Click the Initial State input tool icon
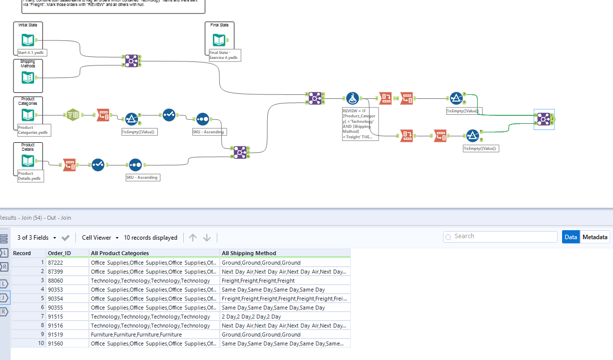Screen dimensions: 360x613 click(27, 40)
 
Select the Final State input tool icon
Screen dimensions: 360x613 click(219, 40)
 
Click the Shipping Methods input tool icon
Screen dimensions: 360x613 click(27, 78)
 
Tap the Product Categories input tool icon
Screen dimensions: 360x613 click(27, 115)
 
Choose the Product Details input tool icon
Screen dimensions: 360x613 click(27, 161)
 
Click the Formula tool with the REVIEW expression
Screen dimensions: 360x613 click(353, 98)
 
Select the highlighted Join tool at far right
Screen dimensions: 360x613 click(544, 119)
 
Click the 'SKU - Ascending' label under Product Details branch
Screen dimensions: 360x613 click(142, 177)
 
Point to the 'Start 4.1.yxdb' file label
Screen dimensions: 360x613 click(32, 52)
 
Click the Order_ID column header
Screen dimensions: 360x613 click(59, 253)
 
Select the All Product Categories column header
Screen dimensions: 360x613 click(120, 253)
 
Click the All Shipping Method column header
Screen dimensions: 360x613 click(249, 253)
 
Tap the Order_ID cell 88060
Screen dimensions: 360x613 click(55, 281)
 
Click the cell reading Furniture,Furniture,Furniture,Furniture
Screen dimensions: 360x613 click(136, 335)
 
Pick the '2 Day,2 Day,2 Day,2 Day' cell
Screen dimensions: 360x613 click(251, 317)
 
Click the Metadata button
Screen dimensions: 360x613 click(595, 237)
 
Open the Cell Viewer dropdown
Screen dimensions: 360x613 click(100, 238)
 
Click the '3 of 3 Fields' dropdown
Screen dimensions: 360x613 click(36, 238)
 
